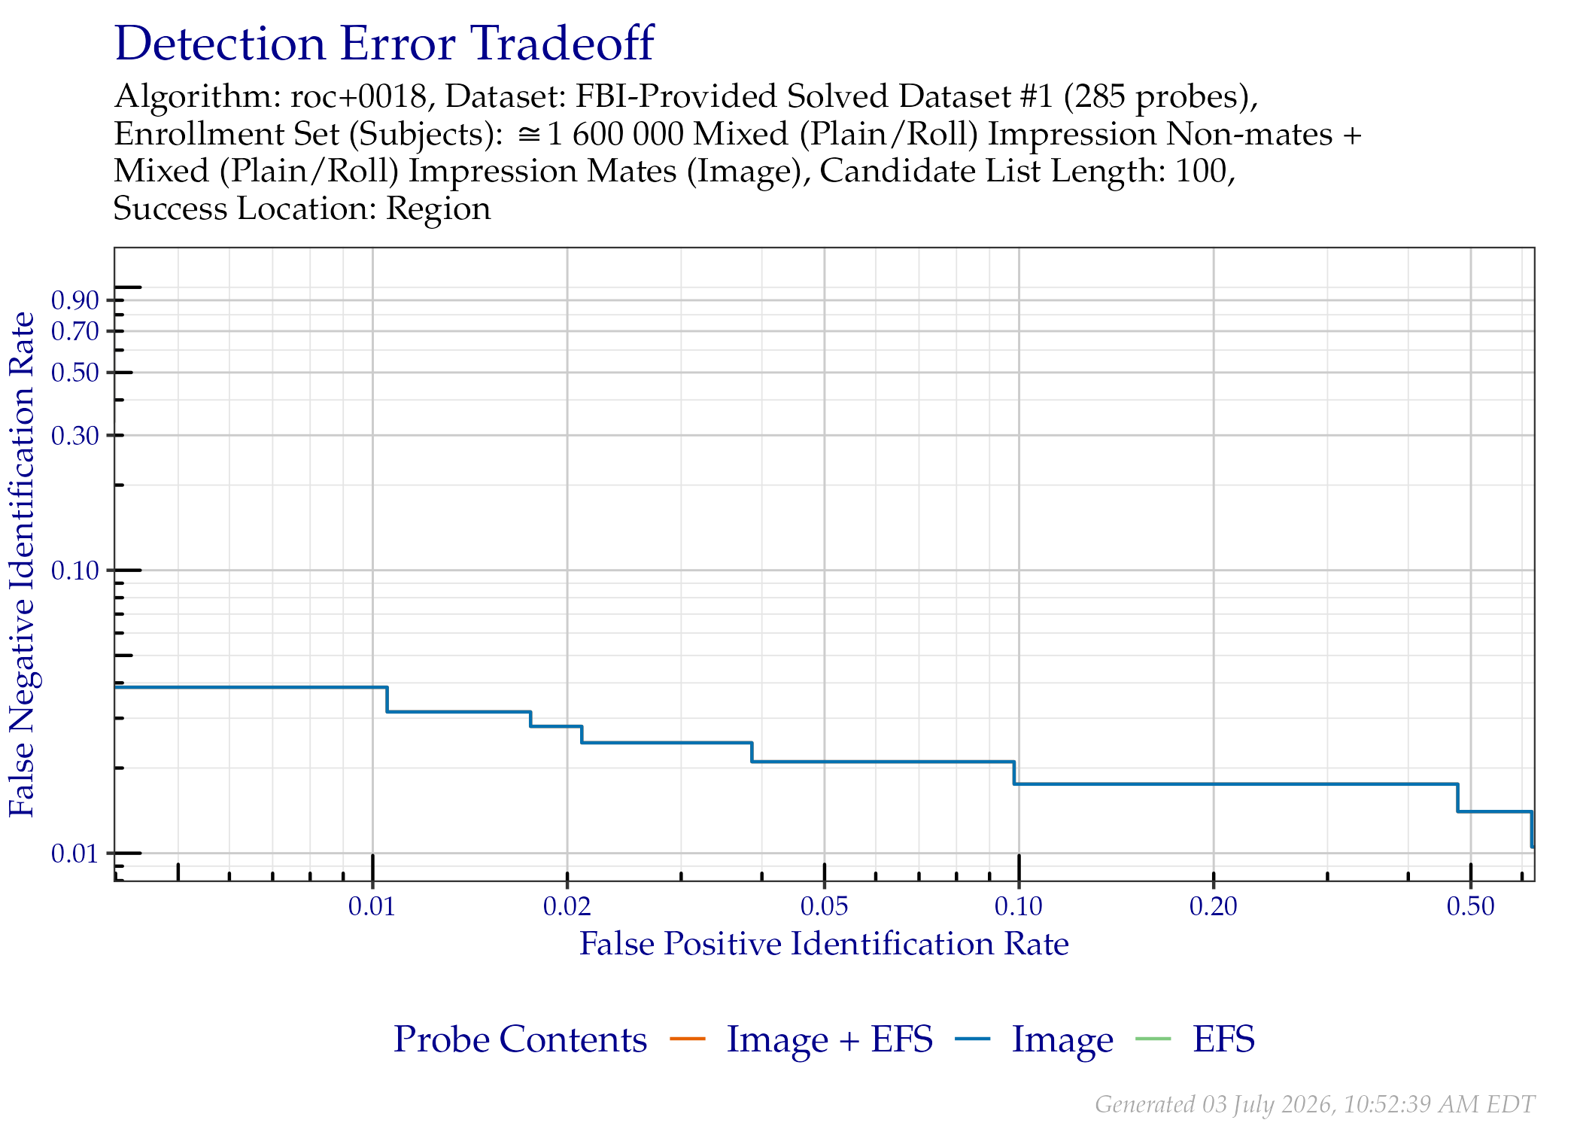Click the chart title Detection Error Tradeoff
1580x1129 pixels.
[384, 44]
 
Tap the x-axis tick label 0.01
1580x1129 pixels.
[372, 906]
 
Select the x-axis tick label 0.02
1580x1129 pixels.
[567, 906]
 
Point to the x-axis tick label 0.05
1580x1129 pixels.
[825, 906]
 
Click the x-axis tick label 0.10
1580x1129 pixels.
[1019, 906]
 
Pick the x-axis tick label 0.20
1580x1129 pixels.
[1214, 906]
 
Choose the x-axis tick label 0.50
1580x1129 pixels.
[1471, 906]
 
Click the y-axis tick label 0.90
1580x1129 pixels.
[75, 300]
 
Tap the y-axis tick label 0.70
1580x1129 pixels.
[75, 331]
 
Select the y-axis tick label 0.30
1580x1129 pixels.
[75, 435]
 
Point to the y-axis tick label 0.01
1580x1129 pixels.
[75, 854]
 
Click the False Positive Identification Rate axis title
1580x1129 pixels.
[824, 944]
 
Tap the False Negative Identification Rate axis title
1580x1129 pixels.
[22, 564]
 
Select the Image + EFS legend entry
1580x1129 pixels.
[829, 1039]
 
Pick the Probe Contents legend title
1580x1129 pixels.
[520, 1039]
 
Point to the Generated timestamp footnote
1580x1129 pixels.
[1314, 1104]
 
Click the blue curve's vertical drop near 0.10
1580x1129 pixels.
[1014, 773]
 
